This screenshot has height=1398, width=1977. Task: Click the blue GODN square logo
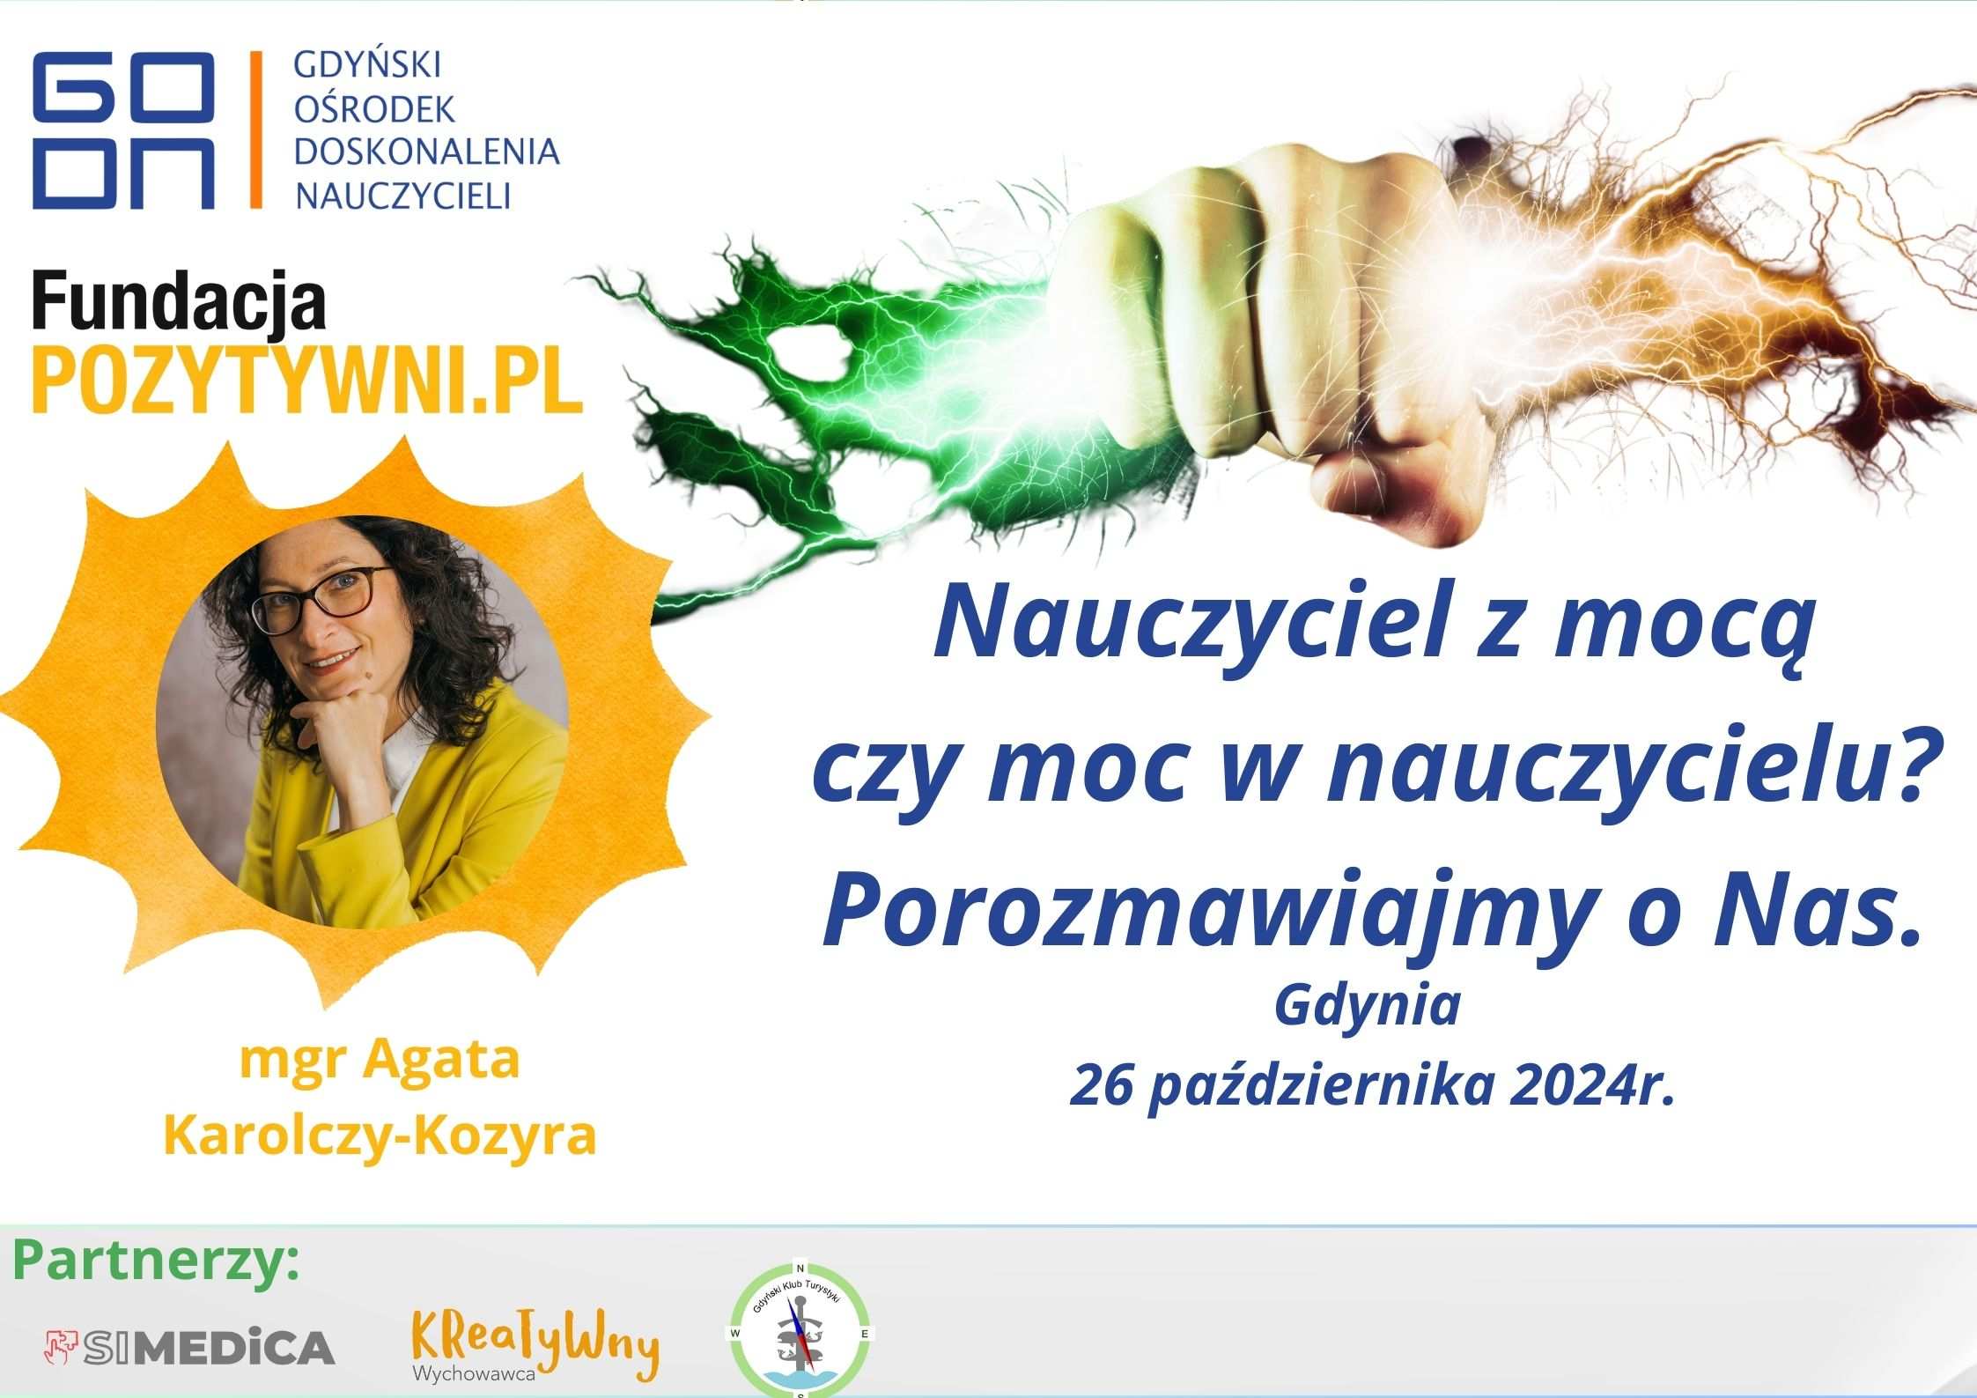[x=123, y=129]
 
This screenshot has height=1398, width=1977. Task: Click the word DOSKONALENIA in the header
[x=427, y=152]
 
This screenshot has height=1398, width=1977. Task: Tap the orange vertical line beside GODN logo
[x=256, y=129]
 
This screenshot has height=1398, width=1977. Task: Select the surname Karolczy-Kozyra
[x=380, y=1135]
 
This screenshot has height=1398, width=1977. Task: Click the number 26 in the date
[x=1102, y=1086]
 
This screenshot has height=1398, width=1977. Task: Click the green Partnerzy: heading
[x=157, y=1261]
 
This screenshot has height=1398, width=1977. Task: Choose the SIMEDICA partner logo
[x=189, y=1348]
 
